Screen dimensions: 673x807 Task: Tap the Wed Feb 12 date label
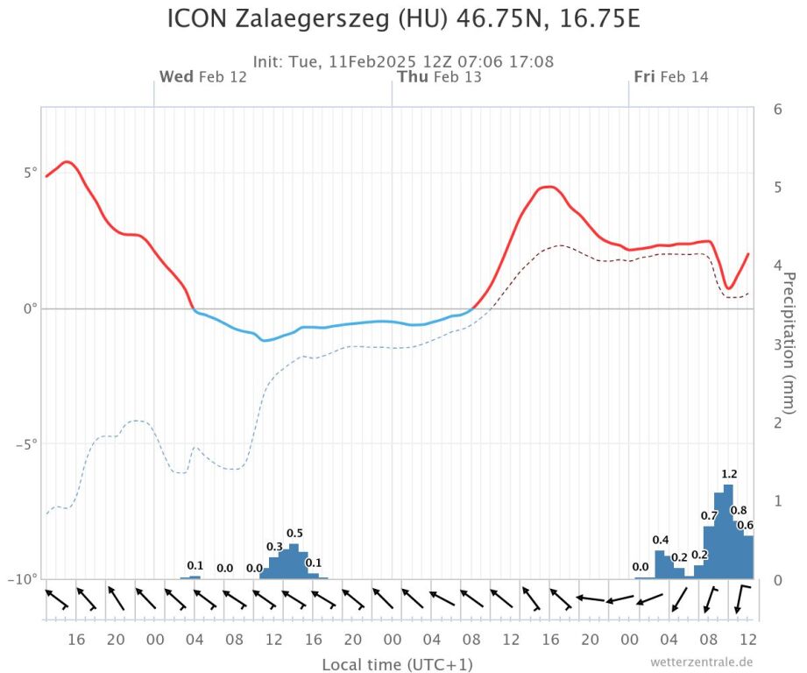(x=202, y=77)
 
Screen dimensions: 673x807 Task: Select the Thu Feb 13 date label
(x=439, y=77)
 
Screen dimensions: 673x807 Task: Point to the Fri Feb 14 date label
(x=671, y=77)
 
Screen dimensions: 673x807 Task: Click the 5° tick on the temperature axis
(x=29, y=173)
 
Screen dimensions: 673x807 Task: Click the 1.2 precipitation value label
(x=728, y=475)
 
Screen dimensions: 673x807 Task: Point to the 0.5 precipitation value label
(x=294, y=534)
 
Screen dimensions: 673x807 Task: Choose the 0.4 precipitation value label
(x=661, y=540)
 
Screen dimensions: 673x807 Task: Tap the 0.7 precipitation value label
(x=710, y=515)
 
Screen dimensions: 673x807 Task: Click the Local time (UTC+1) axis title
(x=397, y=664)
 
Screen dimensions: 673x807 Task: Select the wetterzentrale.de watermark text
(x=702, y=662)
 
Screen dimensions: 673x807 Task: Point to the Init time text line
(x=403, y=62)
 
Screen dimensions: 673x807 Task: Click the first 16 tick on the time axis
(x=76, y=639)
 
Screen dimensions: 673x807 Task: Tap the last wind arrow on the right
(x=742, y=600)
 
